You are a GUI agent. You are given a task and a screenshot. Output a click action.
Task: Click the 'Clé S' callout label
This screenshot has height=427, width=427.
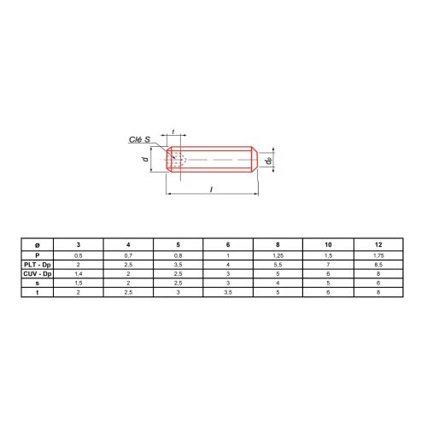[x=139, y=139]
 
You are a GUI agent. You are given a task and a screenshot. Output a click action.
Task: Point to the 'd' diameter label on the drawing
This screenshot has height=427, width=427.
[x=145, y=159]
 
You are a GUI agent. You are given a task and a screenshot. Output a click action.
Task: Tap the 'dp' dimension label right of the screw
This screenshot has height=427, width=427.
[x=268, y=161]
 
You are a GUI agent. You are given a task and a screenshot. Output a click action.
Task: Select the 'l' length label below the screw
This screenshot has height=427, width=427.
[x=211, y=189]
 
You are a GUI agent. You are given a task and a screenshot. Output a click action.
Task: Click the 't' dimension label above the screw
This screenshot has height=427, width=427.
[x=173, y=132]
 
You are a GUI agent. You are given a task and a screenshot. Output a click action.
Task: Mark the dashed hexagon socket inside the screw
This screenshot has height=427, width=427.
[x=178, y=160]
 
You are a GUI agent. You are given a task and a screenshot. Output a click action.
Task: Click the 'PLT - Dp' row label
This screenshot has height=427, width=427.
[x=38, y=265]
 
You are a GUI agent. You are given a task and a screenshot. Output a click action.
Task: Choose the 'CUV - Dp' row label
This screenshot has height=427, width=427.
[x=38, y=274]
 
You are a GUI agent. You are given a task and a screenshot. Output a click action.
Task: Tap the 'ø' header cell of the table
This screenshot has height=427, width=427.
[x=38, y=245]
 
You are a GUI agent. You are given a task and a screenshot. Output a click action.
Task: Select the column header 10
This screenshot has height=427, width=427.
[x=328, y=245]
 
